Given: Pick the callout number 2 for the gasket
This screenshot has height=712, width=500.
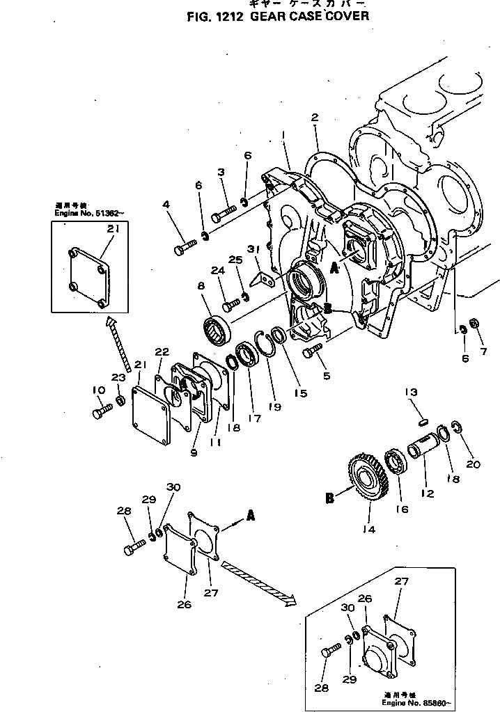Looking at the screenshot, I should pos(315,118).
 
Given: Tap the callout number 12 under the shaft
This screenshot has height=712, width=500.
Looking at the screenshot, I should pos(427,493).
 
